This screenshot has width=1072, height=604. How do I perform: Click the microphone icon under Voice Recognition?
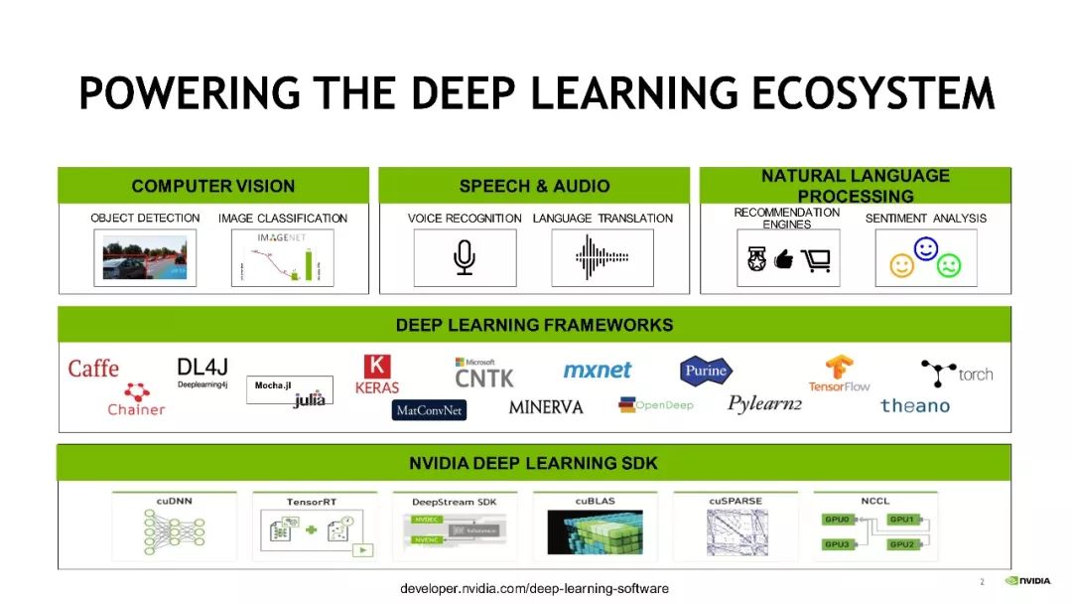[x=464, y=257]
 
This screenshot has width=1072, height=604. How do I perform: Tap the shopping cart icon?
[x=815, y=260]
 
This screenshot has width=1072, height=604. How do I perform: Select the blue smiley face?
[x=926, y=249]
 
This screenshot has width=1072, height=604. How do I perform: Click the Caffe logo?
[x=93, y=369]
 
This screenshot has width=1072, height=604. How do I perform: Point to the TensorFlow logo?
[x=839, y=374]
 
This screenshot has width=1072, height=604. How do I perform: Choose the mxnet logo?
[x=598, y=370]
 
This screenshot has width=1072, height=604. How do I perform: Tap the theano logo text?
[x=914, y=405]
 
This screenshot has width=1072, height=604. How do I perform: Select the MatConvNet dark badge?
[x=429, y=410]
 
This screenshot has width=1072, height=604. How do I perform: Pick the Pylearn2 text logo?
[x=764, y=403]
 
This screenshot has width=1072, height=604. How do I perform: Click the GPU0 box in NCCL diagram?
[x=838, y=520]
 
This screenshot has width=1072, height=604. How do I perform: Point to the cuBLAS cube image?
[x=595, y=532]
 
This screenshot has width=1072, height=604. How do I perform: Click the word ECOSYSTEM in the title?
[x=872, y=94]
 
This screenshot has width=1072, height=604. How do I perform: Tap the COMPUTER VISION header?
[x=213, y=186]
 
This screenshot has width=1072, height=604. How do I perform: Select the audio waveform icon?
[x=603, y=258]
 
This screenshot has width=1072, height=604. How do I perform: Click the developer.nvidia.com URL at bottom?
[x=534, y=588]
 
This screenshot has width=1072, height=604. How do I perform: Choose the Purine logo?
[x=706, y=372]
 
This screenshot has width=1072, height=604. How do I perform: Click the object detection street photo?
[x=145, y=258]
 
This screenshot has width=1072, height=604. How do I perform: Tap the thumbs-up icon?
[x=784, y=260]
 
